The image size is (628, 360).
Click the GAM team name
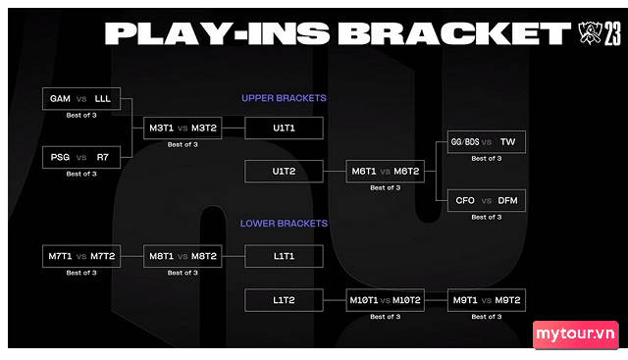(60, 98)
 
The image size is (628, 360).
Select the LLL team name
(102, 98)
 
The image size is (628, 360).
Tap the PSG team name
(60, 157)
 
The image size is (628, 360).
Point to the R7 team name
(102, 157)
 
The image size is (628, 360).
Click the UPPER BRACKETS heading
(284, 98)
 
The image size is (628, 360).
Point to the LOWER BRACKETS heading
(284, 224)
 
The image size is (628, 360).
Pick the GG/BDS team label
(465, 142)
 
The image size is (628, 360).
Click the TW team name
(508, 142)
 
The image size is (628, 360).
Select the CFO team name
(465, 200)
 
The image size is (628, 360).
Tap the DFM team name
(508, 200)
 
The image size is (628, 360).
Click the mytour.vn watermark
(576, 334)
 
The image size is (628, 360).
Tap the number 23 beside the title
(612, 33)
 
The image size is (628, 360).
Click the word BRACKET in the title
(454, 33)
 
